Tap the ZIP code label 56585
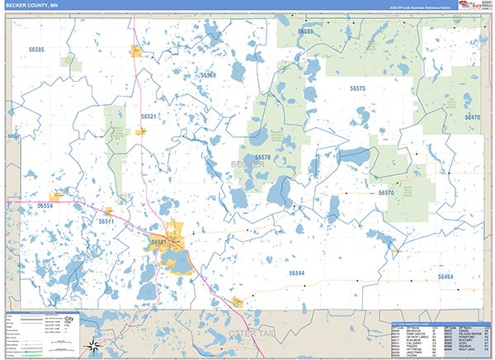tap(35, 50)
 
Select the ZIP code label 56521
tap(148, 116)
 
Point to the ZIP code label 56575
tap(356, 88)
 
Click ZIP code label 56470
tap(472, 117)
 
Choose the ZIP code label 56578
tap(262, 157)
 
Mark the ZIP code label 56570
tap(386, 192)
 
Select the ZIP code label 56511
tap(106, 221)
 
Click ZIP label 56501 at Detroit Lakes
tap(158, 242)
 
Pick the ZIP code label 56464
tap(445, 277)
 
